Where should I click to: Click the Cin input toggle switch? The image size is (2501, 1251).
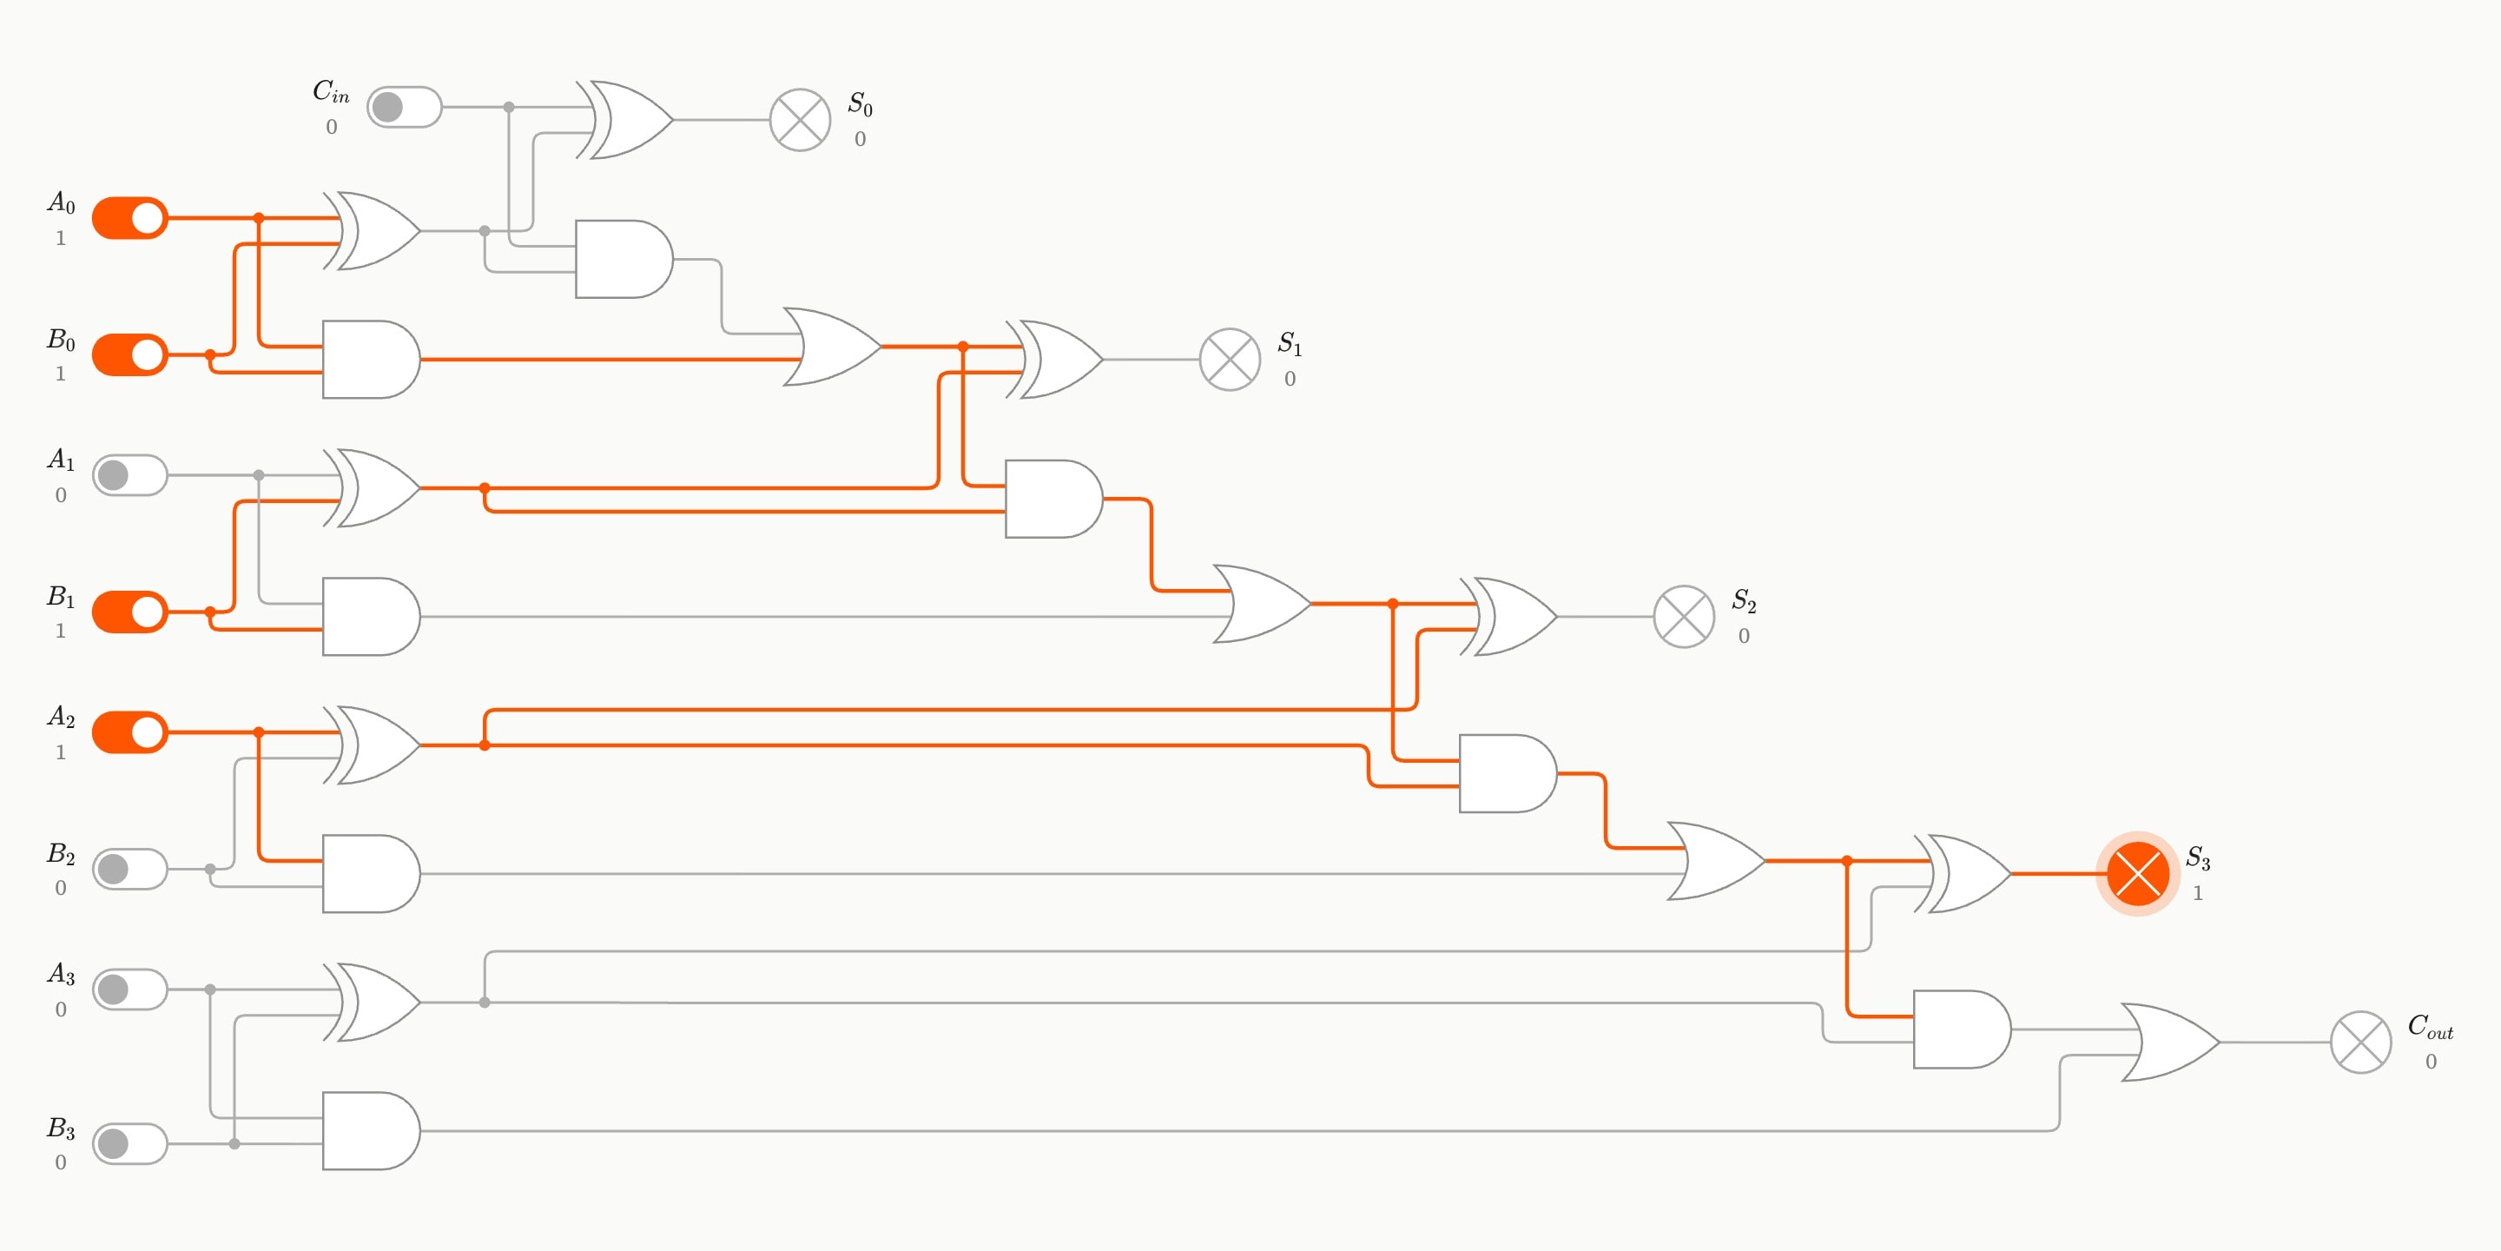pos(404,107)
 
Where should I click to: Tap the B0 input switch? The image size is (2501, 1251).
pos(130,354)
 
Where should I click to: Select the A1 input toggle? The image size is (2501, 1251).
pos(130,475)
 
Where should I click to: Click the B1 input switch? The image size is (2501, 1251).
pos(130,612)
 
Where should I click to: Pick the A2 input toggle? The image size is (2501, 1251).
pos(130,731)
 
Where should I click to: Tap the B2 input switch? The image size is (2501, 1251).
pos(130,869)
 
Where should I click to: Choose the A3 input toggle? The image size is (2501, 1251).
pos(130,989)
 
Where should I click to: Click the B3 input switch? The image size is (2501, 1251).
pos(130,1143)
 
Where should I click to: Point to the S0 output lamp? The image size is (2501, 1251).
pos(800,121)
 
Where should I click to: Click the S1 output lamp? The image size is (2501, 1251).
pos(1231,360)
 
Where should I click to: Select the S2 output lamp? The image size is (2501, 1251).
pos(1684,617)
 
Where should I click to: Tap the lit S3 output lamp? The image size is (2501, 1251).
pos(2138,873)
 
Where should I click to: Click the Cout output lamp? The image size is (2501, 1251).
pos(2361,1042)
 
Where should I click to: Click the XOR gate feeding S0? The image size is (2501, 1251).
pos(625,121)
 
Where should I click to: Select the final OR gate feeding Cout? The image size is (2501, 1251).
pos(2171,1042)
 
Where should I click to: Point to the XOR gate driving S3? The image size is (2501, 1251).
pos(1963,873)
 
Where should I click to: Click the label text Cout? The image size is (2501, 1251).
pos(2430,1027)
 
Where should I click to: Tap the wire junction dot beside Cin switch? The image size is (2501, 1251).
pos(509,107)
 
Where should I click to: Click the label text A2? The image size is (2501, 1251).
pos(61,717)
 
